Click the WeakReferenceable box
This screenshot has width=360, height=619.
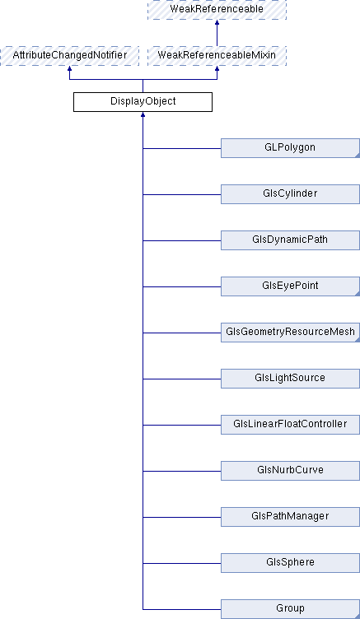point(217,10)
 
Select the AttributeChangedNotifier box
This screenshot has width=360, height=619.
point(69,56)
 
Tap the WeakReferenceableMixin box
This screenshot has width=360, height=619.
point(217,56)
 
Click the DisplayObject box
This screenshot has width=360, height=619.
point(143,102)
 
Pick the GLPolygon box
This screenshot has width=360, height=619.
point(290,148)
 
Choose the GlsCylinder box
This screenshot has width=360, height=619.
point(290,194)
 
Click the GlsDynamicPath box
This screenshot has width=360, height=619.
point(290,240)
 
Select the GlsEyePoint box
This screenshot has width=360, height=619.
point(290,286)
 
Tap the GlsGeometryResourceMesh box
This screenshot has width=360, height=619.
point(290,333)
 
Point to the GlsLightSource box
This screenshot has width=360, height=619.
point(290,379)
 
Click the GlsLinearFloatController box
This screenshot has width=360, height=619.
point(290,425)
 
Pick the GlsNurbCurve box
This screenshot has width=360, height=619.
point(290,471)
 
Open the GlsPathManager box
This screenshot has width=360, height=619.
point(290,517)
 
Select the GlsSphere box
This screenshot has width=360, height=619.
point(290,563)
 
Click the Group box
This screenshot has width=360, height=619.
point(290,609)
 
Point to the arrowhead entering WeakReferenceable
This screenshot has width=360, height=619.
point(217,23)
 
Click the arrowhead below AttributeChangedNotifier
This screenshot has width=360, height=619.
point(69,68)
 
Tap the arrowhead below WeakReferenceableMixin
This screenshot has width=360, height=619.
point(217,68)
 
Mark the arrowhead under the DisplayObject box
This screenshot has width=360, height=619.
point(143,115)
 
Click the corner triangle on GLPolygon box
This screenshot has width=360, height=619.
point(358,156)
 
